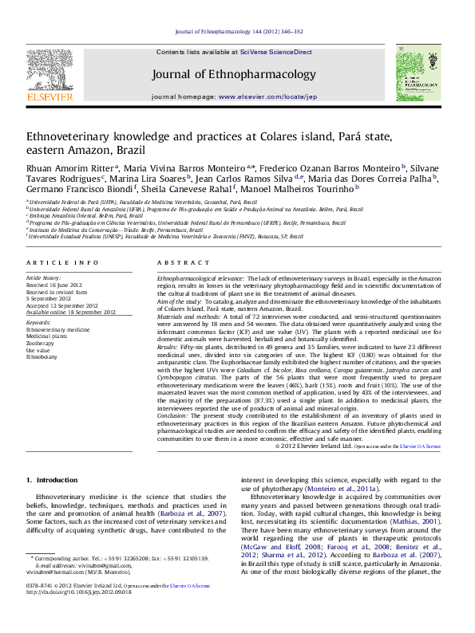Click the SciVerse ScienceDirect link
tap(276, 52)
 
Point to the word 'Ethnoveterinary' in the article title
tap(69, 137)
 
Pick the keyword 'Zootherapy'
tap(41, 343)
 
